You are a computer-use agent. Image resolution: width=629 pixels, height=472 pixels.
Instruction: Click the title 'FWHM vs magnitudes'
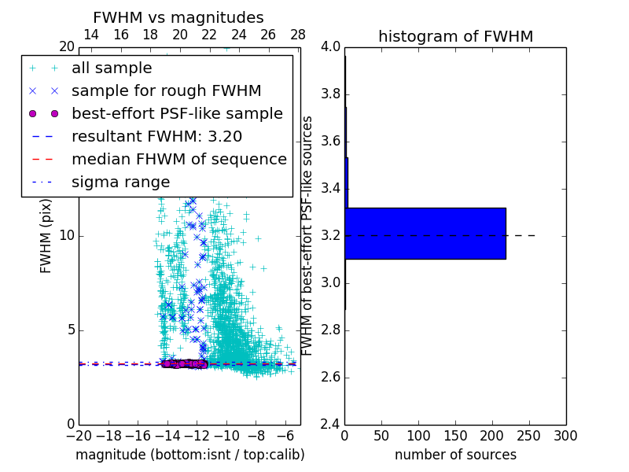click(178, 17)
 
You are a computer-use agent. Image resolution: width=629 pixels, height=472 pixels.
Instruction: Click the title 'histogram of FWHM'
click(455, 36)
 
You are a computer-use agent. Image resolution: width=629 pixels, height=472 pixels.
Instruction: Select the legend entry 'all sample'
click(112, 68)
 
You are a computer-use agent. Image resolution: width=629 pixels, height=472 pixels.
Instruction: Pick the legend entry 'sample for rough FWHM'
click(166, 91)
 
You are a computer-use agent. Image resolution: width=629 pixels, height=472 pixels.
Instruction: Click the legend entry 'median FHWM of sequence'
click(178, 160)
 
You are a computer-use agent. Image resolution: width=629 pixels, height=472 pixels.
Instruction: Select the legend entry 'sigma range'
click(120, 183)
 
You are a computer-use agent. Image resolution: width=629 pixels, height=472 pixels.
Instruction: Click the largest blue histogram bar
click(425, 233)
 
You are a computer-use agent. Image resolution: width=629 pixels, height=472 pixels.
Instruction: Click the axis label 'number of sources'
click(455, 455)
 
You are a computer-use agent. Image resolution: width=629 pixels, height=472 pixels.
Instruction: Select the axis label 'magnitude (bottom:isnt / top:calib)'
click(189, 455)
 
